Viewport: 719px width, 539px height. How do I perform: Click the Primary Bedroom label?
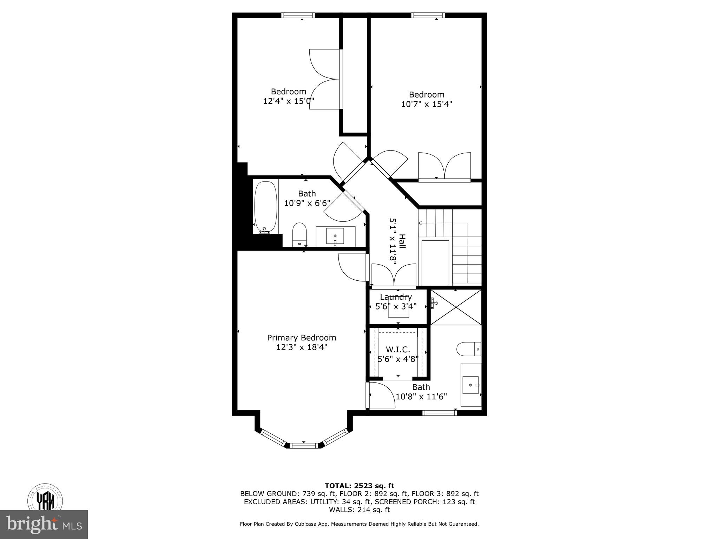302,338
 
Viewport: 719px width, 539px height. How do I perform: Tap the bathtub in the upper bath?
266,207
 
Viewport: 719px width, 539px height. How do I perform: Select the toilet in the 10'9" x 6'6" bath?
299,234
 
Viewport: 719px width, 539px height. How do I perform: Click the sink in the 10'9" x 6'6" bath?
335,237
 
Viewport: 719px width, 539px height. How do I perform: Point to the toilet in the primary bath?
468,349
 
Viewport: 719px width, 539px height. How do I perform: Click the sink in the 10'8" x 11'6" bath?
471,385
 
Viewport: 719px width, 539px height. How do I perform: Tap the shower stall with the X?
456,307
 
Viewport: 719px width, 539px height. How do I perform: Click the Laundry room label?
396,297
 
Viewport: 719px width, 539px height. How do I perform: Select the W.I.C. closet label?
398,350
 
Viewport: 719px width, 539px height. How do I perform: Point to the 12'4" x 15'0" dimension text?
289,101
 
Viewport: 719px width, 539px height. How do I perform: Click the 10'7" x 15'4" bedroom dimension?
427,104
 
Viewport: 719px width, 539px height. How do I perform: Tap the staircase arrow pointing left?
421,223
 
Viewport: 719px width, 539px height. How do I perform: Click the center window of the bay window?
304,446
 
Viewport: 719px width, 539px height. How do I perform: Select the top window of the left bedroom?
298,15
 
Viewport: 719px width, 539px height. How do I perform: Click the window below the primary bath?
440,413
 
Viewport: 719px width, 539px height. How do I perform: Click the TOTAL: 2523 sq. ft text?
359,486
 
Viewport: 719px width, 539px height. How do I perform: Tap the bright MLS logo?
44,524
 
